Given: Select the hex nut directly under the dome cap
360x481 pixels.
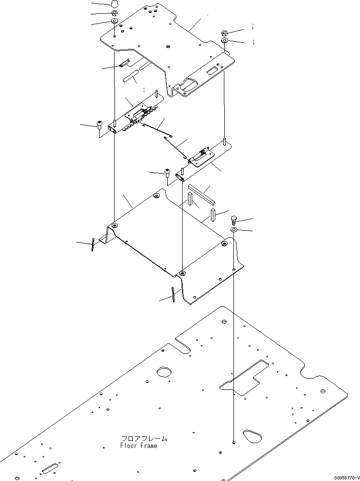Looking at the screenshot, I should (x=115, y=13).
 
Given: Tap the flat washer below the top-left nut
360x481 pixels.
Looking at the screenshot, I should (x=115, y=22).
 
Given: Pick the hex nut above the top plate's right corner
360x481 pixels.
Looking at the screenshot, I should (x=225, y=33).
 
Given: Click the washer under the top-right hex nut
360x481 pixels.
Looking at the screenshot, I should (x=225, y=41).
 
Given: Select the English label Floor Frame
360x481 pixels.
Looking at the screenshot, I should (x=139, y=446).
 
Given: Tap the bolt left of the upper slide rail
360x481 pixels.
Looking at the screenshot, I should (x=100, y=125).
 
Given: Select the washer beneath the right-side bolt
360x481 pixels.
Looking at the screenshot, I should (x=233, y=231).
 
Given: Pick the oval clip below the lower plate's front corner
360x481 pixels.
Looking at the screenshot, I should (x=174, y=294).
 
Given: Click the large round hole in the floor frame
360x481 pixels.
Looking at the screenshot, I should (x=164, y=372).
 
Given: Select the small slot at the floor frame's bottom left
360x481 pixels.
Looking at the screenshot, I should (x=49, y=468).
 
